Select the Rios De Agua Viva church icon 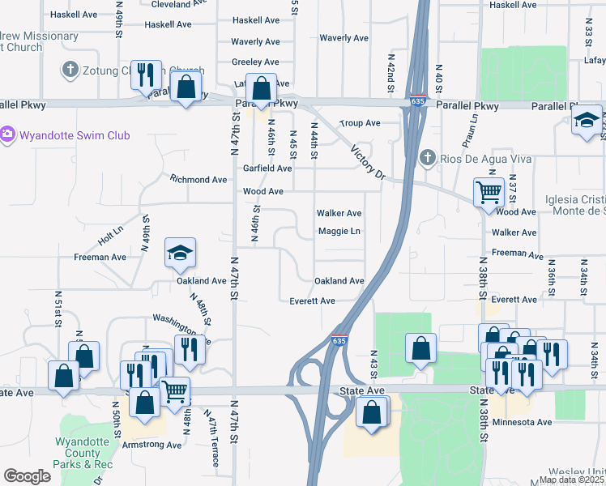click(x=427, y=158)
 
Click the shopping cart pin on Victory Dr click(x=489, y=193)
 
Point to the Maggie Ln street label click(x=339, y=232)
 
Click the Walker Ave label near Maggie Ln click(x=339, y=213)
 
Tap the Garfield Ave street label click(x=267, y=168)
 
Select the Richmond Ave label click(x=198, y=179)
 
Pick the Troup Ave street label click(x=360, y=123)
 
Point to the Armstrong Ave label click(x=151, y=445)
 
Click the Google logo click(x=28, y=476)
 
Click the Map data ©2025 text click(x=570, y=480)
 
